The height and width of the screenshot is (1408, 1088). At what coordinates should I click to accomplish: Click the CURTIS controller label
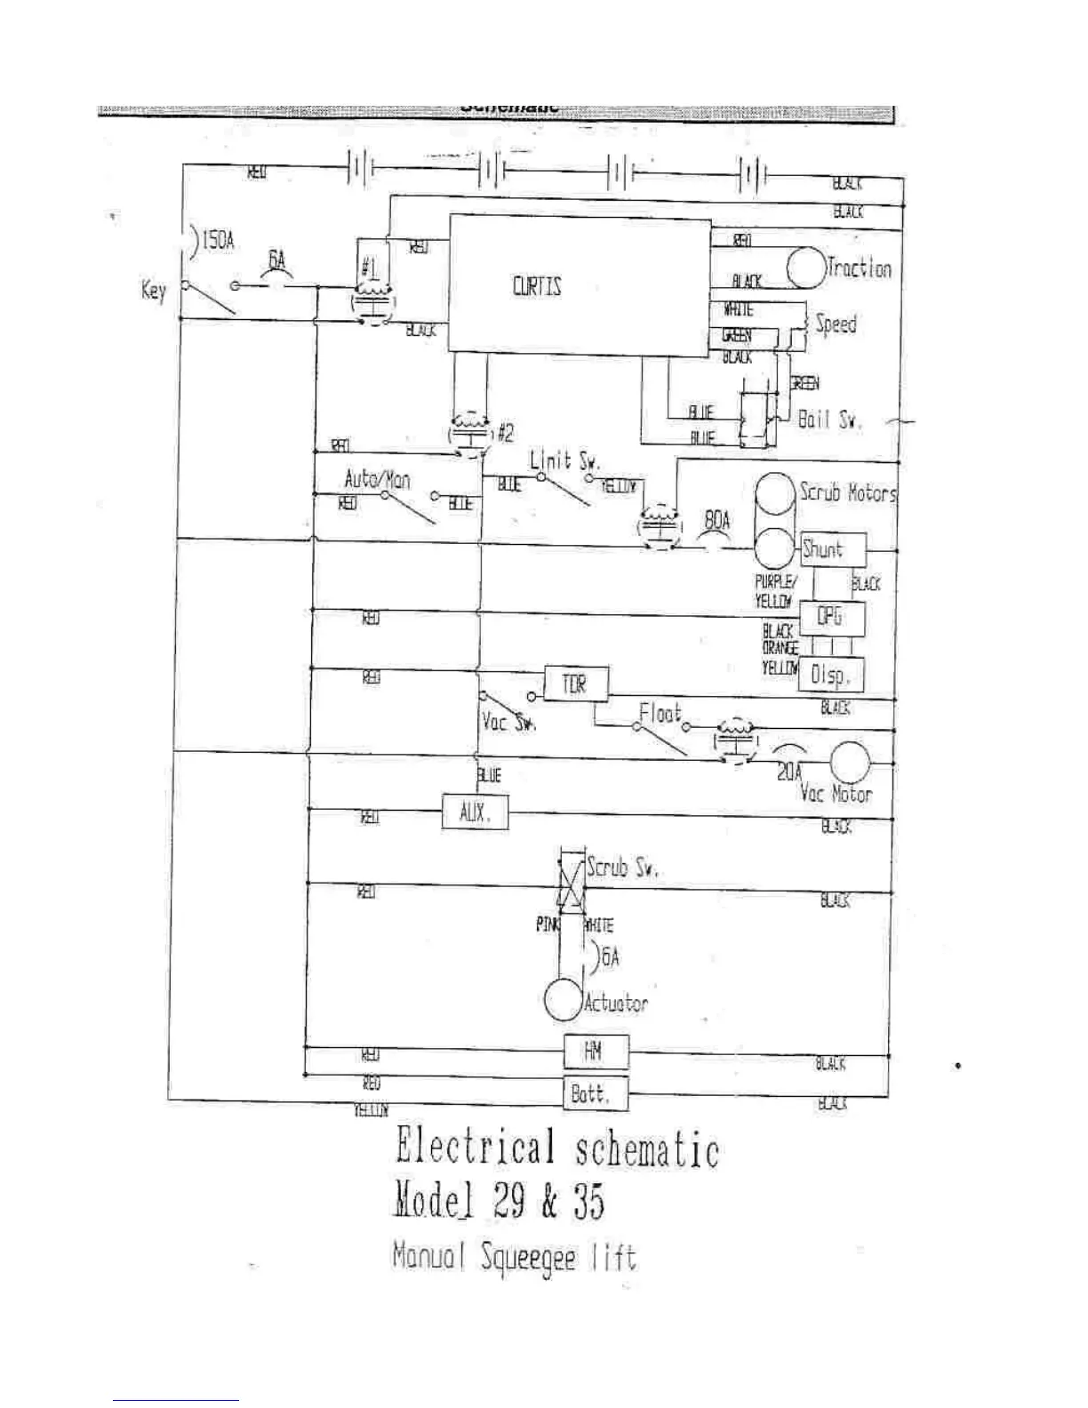coord(537,287)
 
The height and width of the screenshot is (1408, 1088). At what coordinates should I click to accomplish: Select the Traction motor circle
coord(805,268)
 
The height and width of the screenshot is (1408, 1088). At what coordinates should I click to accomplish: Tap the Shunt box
coord(832,549)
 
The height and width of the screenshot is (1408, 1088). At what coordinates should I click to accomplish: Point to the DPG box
coord(831,616)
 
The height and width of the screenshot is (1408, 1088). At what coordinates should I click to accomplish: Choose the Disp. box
coord(831,676)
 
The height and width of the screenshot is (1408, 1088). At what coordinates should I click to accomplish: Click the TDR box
coord(576,684)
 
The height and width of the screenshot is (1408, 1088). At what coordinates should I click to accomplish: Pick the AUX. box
coord(475,812)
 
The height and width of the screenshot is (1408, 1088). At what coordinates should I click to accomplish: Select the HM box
coord(596,1052)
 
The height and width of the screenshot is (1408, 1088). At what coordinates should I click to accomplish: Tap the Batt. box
coord(596,1093)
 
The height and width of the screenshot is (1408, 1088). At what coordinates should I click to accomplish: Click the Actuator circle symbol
coord(563,1000)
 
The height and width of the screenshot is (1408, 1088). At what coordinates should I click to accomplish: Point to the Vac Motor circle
coord(849,762)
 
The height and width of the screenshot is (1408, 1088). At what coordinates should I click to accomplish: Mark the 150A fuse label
coord(218,241)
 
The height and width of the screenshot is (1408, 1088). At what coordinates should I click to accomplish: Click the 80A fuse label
coord(716,520)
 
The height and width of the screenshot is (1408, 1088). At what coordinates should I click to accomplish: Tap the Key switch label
coord(153,291)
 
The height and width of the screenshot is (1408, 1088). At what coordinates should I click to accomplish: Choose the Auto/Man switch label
coord(377,480)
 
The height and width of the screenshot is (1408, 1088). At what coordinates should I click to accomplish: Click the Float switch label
coord(660,712)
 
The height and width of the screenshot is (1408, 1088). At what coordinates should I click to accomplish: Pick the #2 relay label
coord(505,433)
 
